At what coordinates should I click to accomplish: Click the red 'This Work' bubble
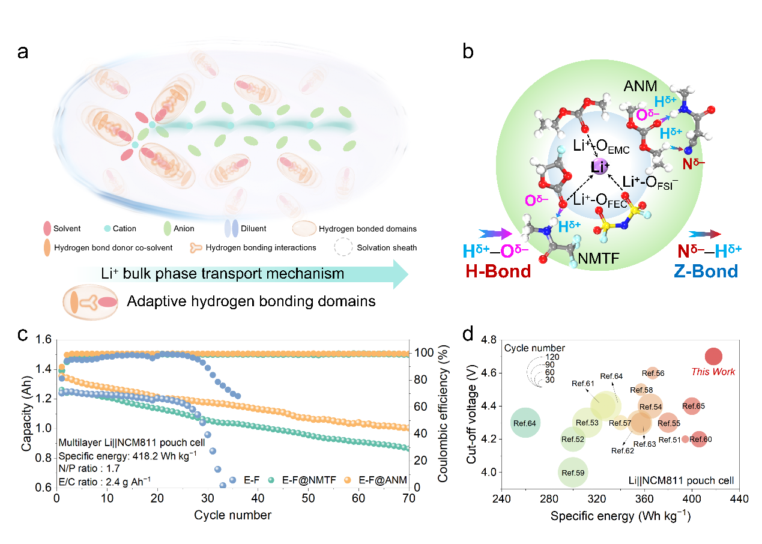(713, 357)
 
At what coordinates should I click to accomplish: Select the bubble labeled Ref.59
(573, 473)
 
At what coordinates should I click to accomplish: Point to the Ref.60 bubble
(698, 440)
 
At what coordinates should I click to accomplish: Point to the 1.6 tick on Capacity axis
(41, 340)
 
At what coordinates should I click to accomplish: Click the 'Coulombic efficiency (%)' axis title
(443, 414)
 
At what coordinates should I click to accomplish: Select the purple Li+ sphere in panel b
(599, 167)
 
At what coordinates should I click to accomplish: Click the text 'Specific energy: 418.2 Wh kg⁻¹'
(127, 456)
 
